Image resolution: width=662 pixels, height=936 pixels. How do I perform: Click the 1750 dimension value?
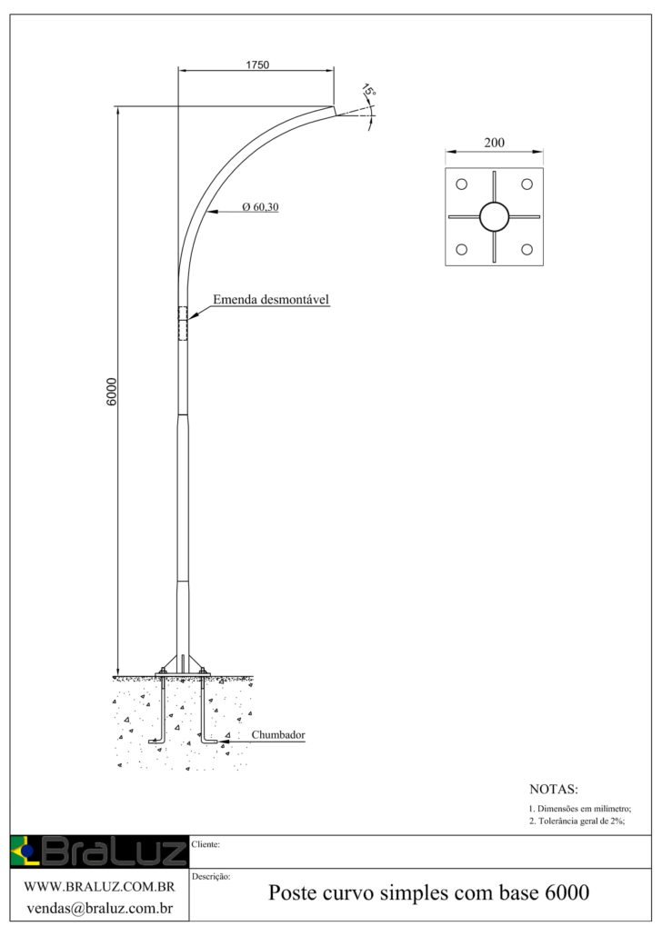257,65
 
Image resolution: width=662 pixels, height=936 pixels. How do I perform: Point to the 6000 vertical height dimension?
112,392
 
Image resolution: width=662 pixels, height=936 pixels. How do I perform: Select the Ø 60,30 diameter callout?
260,207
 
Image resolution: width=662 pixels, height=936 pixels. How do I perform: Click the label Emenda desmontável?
271,299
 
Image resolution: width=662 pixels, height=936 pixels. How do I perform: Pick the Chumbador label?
278,735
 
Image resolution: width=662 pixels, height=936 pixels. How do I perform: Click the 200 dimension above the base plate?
494,143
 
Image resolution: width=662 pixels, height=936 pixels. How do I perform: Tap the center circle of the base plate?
494,216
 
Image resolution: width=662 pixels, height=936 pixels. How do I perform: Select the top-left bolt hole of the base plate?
461,184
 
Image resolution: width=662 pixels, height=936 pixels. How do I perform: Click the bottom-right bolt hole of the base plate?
527,250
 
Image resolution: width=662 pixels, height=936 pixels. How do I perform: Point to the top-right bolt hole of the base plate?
527,184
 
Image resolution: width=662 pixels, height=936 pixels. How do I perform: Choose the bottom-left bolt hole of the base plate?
461,250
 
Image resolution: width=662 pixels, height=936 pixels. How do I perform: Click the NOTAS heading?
553,789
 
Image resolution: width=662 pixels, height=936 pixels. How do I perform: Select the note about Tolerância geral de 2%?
577,821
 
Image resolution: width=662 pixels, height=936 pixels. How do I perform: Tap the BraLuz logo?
99,851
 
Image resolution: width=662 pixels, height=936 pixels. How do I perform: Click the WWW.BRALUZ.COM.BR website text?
99,887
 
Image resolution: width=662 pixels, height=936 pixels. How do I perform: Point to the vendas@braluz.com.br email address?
100,909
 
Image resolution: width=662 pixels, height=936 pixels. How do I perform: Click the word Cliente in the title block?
206,844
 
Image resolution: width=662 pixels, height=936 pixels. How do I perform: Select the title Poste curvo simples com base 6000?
428,892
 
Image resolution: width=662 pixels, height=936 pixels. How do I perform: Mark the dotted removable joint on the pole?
183,324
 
